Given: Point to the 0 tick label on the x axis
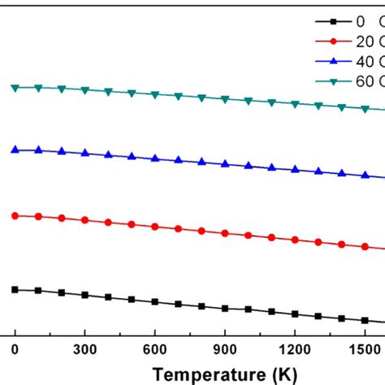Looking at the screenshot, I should (15, 348).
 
